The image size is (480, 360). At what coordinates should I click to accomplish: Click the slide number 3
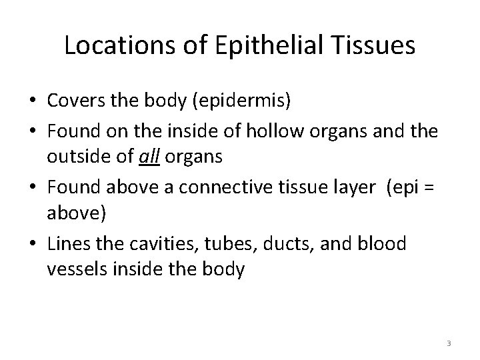[449, 343]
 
